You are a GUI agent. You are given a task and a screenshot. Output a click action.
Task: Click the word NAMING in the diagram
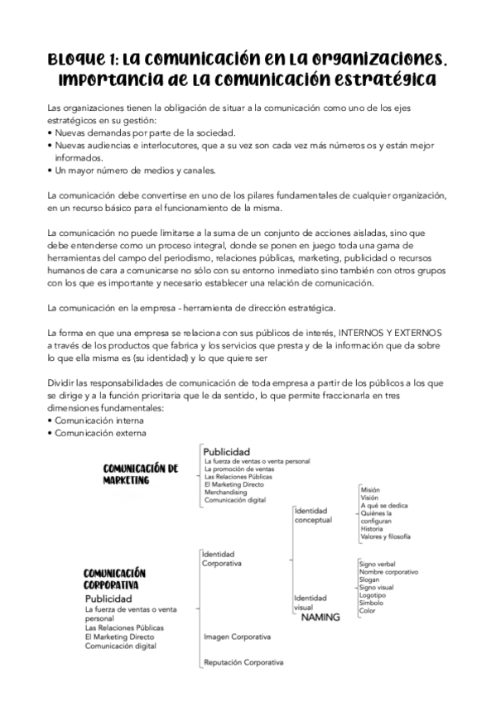[x=320, y=617]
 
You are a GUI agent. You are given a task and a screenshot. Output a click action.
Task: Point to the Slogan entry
[x=370, y=579]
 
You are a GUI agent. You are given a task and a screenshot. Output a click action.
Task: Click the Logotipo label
[x=373, y=595]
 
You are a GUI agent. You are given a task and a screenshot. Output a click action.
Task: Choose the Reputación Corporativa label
[x=243, y=662]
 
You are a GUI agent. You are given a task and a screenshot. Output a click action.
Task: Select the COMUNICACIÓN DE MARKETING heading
[x=140, y=474]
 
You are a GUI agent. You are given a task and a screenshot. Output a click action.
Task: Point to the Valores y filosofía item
[x=385, y=537]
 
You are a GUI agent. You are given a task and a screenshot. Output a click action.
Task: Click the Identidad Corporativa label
[x=222, y=559]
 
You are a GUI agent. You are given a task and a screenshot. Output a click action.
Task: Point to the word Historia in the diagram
[x=373, y=529]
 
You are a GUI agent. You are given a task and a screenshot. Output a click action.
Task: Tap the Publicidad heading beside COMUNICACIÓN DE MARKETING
[x=226, y=451]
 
